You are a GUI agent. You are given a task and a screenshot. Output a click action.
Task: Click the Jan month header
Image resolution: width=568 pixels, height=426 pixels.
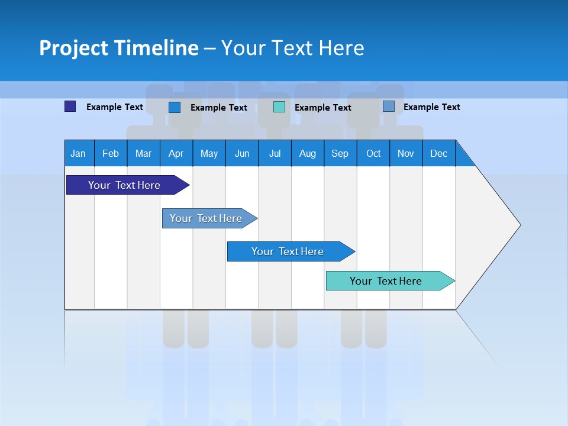(79, 153)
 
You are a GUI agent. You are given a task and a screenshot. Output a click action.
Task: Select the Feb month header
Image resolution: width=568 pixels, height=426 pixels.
(111, 153)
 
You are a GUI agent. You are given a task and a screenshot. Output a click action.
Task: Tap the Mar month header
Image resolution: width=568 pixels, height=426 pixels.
(143, 153)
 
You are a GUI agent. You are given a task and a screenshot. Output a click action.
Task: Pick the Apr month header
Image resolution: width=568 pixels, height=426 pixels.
(176, 153)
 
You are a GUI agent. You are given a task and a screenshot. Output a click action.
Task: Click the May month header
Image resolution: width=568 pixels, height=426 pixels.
(209, 153)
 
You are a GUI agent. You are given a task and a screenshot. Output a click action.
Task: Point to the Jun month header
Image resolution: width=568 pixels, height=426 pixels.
(242, 153)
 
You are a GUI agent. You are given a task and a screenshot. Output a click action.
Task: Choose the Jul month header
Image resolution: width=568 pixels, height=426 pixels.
(275, 153)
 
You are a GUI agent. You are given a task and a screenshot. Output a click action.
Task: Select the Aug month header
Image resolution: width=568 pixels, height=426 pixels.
(308, 153)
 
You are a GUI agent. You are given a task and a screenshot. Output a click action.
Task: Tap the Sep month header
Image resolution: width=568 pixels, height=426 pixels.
(340, 153)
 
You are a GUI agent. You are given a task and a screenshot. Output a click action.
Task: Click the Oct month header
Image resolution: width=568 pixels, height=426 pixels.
(373, 153)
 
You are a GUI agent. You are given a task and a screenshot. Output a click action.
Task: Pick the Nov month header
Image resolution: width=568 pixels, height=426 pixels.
(406, 153)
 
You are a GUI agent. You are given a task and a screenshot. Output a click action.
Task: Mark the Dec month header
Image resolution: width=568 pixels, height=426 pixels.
(439, 153)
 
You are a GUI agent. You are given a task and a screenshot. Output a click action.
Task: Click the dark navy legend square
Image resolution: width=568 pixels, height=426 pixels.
(70, 106)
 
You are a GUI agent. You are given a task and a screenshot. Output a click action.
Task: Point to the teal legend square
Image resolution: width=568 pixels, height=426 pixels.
(279, 106)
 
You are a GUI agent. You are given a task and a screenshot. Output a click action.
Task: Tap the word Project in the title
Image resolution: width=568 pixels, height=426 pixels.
(73, 48)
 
